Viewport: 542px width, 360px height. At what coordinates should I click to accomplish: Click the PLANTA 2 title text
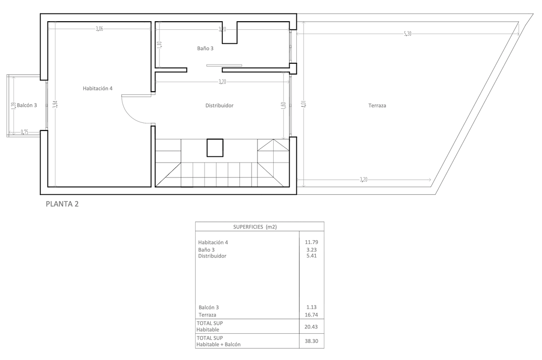(x=62, y=204)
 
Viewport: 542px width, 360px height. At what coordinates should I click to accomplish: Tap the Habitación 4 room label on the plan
(x=97, y=89)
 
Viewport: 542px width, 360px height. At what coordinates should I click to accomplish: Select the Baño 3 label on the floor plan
(x=206, y=48)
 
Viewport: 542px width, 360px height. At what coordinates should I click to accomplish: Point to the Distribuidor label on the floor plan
(x=219, y=106)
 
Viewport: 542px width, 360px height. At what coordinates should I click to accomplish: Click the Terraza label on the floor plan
(x=377, y=106)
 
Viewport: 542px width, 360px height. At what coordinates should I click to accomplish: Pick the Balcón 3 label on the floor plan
(x=27, y=105)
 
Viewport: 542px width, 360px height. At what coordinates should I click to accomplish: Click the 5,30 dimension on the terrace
(x=407, y=34)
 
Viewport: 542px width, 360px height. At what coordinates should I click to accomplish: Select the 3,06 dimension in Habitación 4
(x=99, y=29)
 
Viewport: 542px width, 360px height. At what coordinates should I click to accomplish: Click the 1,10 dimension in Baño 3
(x=160, y=45)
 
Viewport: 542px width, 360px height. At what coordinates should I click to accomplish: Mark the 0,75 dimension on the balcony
(x=25, y=133)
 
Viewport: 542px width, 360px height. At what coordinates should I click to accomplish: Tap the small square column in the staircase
(x=215, y=147)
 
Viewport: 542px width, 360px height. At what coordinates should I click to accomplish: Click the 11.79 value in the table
(x=312, y=243)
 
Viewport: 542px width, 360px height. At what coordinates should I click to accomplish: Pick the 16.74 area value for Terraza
(x=312, y=315)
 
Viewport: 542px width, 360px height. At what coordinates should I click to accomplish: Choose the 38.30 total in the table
(x=312, y=341)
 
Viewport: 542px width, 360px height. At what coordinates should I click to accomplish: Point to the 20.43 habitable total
(x=312, y=326)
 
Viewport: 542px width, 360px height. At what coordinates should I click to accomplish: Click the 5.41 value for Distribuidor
(x=312, y=256)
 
